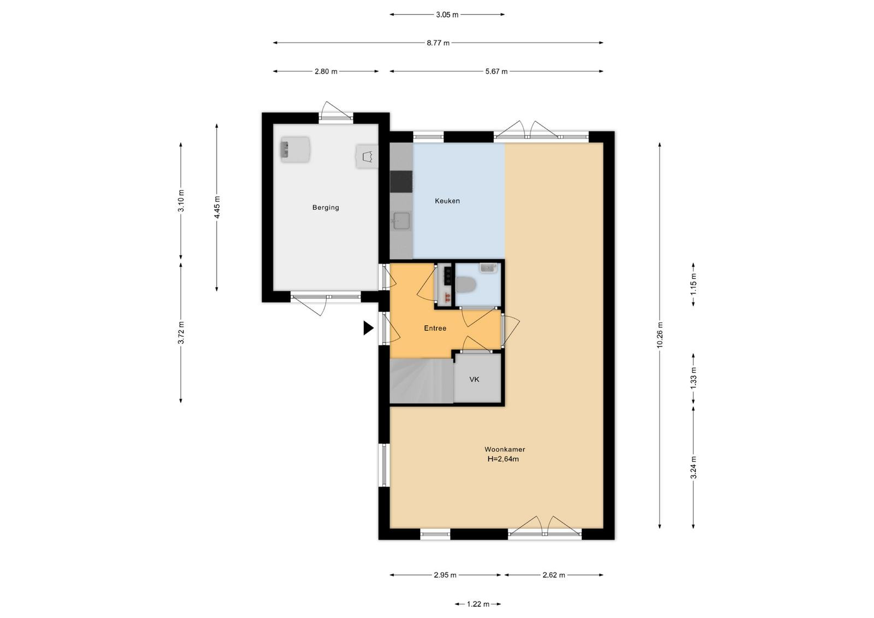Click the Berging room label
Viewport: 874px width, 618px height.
coord(326,207)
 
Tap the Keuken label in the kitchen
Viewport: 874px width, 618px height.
coord(447,201)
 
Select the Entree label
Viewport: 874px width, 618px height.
coord(435,328)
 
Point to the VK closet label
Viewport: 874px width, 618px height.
coord(474,379)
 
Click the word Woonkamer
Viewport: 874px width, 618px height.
coord(505,449)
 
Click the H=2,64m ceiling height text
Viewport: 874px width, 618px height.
coord(503,459)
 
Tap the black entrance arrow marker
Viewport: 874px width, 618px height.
coord(368,328)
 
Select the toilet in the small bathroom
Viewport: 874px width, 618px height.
coord(466,284)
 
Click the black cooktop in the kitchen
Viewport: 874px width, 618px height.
coord(401,182)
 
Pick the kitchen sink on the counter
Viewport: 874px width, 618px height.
coord(401,221)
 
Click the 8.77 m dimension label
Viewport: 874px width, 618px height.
coord(438,43)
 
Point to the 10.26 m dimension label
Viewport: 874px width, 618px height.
coord(660,335)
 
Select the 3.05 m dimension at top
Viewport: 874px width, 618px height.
coord(447,15)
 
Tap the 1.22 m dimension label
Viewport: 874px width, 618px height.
coord(478,604)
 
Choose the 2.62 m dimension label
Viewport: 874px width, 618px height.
coord(554,575)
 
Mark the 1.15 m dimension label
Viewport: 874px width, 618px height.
coord(693,284)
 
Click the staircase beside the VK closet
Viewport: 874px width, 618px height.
coord(421,381)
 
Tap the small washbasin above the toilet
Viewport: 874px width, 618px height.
coord(488,268)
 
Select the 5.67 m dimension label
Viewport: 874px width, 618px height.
coord(497,72)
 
